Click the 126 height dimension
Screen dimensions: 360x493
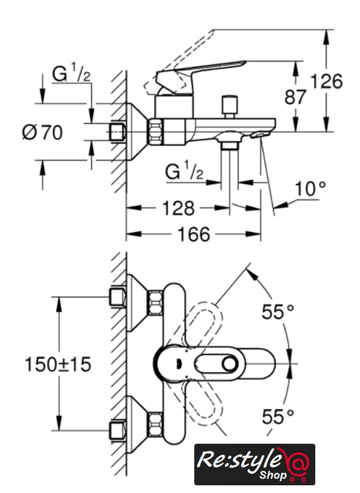(326, 82)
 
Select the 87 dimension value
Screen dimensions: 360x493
(294, 97)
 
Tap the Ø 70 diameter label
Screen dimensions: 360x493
(42, 132)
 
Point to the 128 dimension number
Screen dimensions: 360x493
(178, 208)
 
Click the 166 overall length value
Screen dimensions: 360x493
(193, 234)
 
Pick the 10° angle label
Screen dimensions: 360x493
(311, 189)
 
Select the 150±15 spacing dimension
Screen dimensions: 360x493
(58, 364)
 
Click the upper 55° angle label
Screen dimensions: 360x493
(278, 312)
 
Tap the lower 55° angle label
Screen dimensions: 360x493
(278, 417)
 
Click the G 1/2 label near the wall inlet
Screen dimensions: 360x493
(71, 73)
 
